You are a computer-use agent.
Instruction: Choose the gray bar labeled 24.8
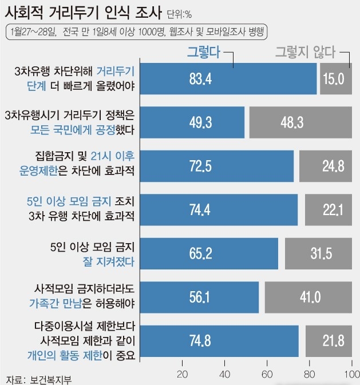pos(326,166)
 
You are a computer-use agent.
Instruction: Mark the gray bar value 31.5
pos(318,253)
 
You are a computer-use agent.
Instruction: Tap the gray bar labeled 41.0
pos(308,297)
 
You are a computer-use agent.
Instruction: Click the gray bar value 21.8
pos(329,341)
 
